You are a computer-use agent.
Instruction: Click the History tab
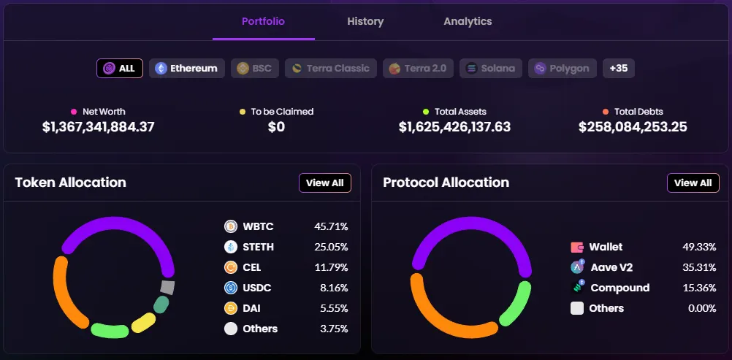[365, 22]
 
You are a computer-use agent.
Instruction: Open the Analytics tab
[468, 22]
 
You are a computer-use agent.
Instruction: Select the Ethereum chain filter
[187, 69]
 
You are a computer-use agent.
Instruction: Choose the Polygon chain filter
[562, 69]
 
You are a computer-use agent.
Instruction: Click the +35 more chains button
[618, 69]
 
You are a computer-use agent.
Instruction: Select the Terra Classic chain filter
[331, 69]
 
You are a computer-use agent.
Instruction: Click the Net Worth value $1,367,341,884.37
[99, 127]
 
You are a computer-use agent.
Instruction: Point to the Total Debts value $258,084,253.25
[633, 127]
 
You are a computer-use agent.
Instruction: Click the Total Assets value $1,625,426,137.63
[454, 127]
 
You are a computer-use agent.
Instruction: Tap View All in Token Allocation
[325, 183]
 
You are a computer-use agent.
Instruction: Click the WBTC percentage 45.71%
[331, 226]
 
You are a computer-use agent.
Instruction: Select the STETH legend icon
[231, 247]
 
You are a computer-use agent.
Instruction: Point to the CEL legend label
[252, 267]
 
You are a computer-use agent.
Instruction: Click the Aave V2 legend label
[611, 267]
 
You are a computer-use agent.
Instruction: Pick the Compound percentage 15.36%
[699, 288]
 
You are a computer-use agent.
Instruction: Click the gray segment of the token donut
[167, 287]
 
